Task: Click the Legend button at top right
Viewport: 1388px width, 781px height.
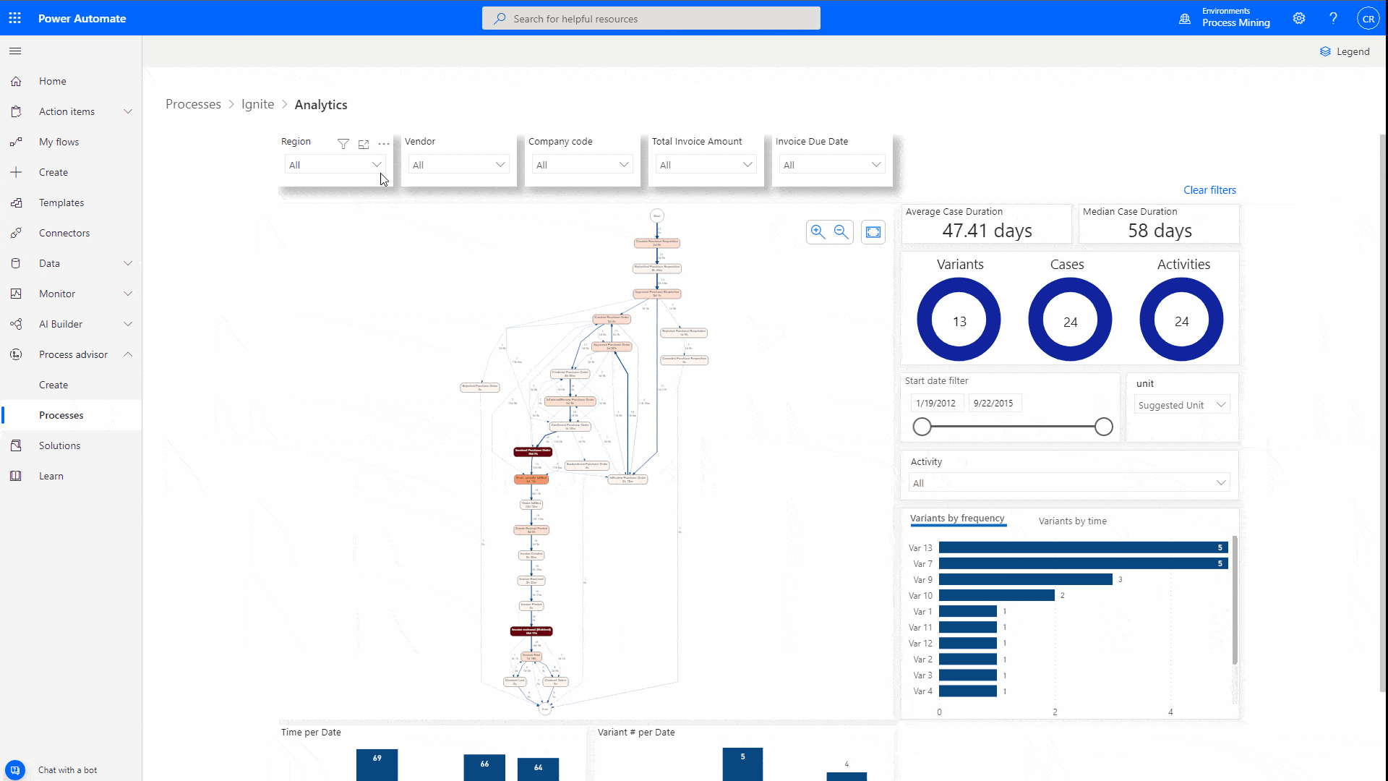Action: [x=1345, y=51]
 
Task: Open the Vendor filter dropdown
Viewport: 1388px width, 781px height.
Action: [x=458, y=165]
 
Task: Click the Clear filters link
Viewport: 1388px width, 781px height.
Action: [x=1209, y=190]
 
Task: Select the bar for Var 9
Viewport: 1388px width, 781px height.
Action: [x=1025, y=579]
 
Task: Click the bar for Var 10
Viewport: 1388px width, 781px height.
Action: [x=996, y=595]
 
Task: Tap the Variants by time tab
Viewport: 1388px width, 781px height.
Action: [x=1072, y=521]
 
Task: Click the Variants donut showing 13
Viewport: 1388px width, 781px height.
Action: [x=959, y=320]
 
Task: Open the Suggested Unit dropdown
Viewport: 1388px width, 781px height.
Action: [x=1181, y=405]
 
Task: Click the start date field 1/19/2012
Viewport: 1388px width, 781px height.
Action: [x=935, y=404]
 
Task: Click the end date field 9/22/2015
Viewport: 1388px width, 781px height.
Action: [x=993, y=404]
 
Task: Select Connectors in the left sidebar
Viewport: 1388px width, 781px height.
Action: [x=64, y=233]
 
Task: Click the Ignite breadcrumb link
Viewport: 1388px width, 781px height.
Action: [x=257, y=104]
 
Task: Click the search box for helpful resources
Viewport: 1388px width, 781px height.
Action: [x=651, y=19]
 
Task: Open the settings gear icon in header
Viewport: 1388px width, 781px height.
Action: [x=1299, y=19]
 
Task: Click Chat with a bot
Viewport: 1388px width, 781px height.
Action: [x=67, y=770]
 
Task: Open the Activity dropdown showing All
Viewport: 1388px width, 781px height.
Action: [x=1068, y=483]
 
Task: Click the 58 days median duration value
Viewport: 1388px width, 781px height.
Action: [x=1160, y=231]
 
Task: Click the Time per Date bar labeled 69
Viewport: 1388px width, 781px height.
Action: [x=377, y=765]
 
